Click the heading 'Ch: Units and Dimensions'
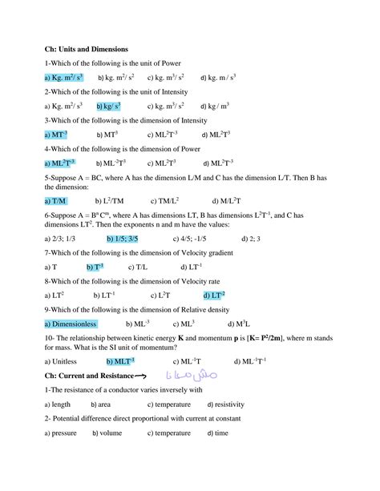[x=87, y=50]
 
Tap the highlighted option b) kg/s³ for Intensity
[x=109, y=106]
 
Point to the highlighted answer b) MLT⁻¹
[x=119, y=362]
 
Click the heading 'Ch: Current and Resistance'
[x=90, y=376]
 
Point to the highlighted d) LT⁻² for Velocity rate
[x=215, y=296]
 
